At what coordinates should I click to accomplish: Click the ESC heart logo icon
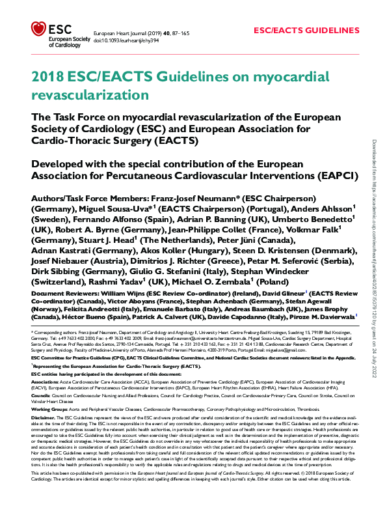[38, 31]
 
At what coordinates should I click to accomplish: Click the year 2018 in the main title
[46, 77]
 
